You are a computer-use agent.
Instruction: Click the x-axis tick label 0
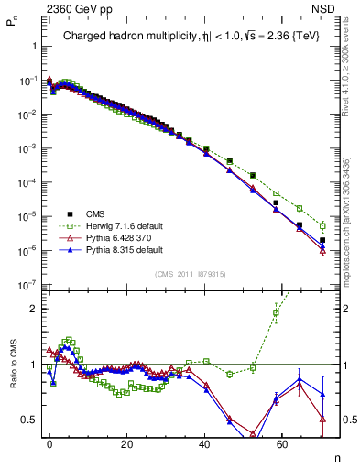click(x=49, y=442)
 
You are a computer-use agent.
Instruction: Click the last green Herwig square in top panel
click(x=322, y=224)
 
